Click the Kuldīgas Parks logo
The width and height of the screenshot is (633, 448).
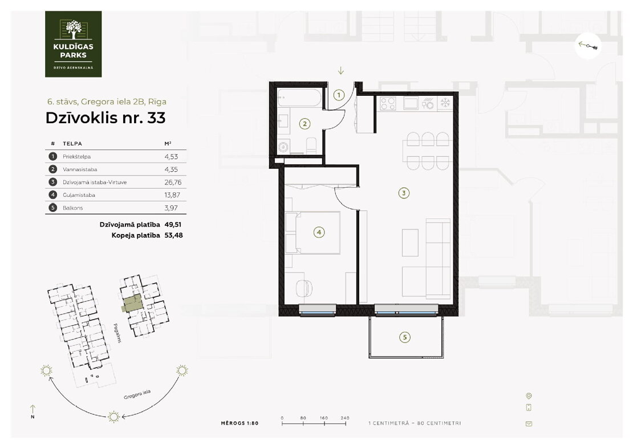[73, 44]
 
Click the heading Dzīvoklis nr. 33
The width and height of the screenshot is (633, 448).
[105, 118]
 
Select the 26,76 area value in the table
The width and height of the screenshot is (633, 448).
[173, 182]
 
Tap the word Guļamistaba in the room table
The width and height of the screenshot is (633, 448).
[79, 195]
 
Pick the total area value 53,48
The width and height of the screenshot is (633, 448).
[173, 235]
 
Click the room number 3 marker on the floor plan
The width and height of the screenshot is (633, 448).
[404, 193]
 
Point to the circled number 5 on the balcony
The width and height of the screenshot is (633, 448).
[404, 337]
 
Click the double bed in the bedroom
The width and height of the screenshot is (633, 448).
[313, 232]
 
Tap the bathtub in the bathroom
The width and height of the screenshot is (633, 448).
[299, 98]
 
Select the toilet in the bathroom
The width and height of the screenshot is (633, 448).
[311, 146]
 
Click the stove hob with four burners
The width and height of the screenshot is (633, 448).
[388, 103]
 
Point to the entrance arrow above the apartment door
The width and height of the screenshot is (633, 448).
[340, 71]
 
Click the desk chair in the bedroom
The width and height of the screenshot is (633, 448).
[304, 288]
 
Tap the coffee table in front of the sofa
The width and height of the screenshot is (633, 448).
[410, 243]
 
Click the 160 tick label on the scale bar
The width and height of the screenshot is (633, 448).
[324, 418]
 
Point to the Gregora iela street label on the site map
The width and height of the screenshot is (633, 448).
[137, 394]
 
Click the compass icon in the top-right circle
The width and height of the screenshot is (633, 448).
[588, 46]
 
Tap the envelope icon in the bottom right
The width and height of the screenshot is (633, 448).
[529, 424]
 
